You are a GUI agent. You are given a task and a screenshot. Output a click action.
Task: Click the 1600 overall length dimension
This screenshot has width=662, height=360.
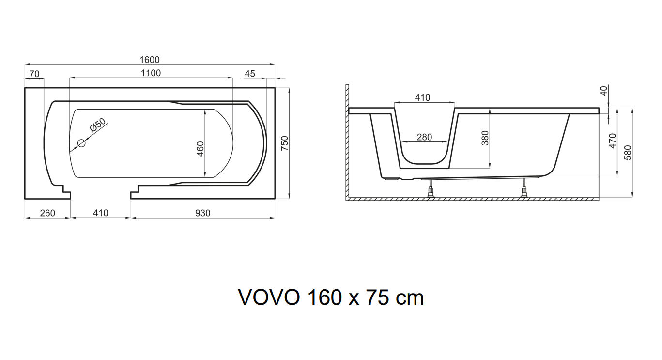point(150,60)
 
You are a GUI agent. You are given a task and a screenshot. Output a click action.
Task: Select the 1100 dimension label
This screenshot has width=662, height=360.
point(151,73)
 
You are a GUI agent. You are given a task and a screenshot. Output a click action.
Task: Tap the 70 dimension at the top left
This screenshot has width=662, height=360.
point(34,74)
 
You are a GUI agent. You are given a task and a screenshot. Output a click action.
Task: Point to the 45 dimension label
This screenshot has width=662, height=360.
point(250,74)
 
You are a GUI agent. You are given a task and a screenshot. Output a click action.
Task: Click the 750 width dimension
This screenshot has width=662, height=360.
point(284,143)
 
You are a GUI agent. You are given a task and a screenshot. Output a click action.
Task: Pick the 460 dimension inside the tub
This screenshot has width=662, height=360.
point(200,149)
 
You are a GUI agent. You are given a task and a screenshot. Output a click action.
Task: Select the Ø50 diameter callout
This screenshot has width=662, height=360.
point(98,125)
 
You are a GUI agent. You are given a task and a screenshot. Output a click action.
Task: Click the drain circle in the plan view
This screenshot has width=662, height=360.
point(81,143)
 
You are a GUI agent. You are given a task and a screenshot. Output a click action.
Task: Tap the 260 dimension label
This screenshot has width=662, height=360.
point(47,213)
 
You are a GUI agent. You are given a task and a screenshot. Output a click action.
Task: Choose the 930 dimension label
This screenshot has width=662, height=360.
point(203,213)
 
